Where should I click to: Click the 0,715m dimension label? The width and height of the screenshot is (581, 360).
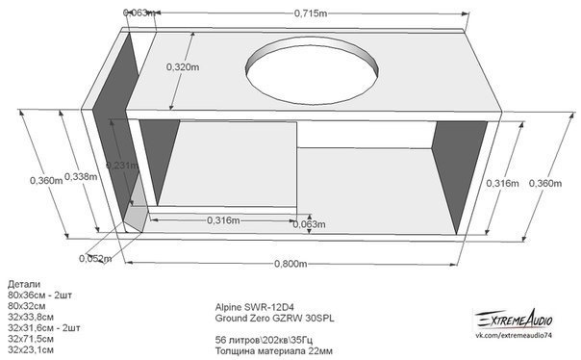[311, 13]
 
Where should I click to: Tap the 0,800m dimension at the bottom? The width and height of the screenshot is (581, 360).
[290, 264]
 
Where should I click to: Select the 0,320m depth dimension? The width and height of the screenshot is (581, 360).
[183, 67]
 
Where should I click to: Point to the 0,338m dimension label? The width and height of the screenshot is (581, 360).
[81, 176]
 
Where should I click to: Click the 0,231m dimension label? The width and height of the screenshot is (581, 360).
[122, 166]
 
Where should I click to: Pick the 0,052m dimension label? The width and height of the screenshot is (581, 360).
[95, 258]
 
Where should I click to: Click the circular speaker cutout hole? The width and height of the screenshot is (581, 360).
[313, 70]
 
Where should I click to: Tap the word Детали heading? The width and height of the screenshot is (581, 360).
[24, 284]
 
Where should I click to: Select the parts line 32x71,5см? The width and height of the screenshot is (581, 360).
[31, 339]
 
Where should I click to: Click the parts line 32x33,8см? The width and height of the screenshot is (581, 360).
[31, 317]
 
